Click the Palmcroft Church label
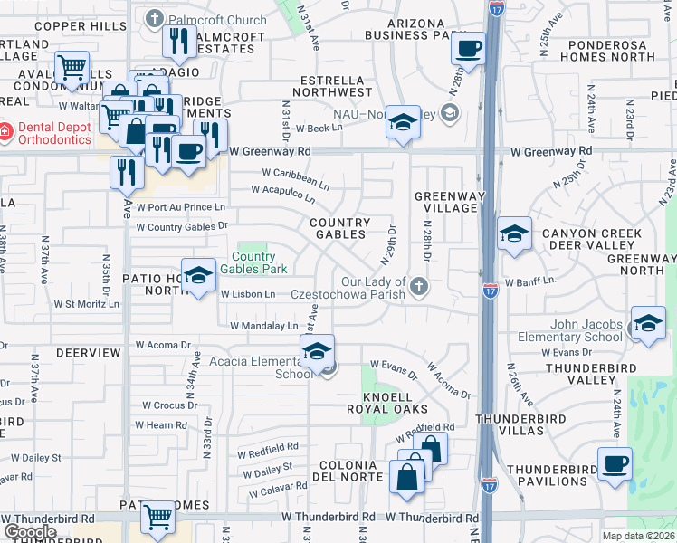tap(216, 19)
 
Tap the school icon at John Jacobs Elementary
tap(648, 325)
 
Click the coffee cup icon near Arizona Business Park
tap(468, 48)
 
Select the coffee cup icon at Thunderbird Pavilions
tap(615, 464)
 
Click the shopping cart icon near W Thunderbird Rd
tap(158, 518)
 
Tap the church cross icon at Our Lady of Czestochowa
tap(417, 286)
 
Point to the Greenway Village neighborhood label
tap(445, 202)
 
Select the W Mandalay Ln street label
tap(263, 326)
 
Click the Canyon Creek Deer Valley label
tap(592, 240)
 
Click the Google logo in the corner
tap(31, 532)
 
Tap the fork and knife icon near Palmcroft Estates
tap(178, 41)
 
